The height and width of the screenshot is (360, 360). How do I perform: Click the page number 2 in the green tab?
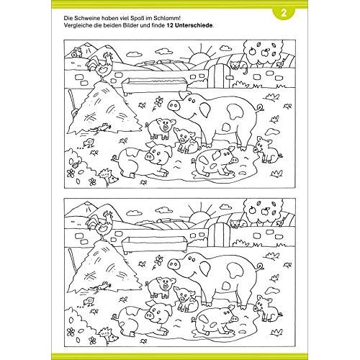tap(284, 14)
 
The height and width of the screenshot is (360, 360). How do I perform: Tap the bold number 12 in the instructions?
tap(170, 25)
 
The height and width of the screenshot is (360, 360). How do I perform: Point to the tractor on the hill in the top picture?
tap(76, 52)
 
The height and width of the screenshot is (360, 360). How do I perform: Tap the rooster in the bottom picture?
tap(100, 225)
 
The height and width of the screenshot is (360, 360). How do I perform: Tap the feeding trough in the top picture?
tap(153, 86)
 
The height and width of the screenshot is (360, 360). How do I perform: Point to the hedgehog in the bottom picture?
tap(109, 336)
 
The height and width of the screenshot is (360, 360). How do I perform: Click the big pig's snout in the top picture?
tap(174, 105)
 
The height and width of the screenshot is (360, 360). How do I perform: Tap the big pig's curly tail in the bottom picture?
tap(260, 266)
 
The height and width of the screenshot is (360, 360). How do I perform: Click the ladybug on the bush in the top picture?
tap(76, 164)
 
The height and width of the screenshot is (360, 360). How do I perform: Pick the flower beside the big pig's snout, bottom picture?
tap(158, 260)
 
